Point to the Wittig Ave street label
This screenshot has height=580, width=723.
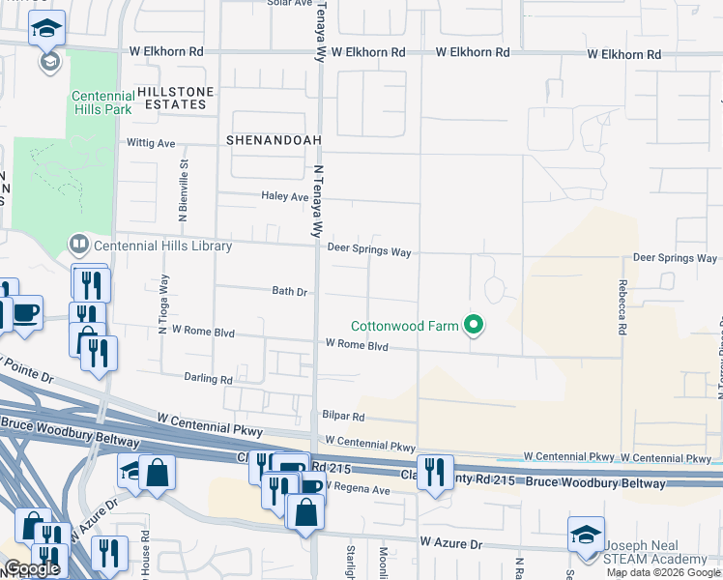[152, 143]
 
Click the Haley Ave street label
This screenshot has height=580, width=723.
[284, 196]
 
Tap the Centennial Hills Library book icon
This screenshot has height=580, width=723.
[78, 246]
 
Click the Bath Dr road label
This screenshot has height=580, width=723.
[289, 291]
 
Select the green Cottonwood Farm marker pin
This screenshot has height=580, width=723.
[474, 326]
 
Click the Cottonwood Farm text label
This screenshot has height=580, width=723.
[404, 327]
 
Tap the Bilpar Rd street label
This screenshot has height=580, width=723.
[344, 417]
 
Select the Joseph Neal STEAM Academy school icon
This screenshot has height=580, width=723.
[586, 536]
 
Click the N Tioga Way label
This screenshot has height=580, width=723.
[163, 299]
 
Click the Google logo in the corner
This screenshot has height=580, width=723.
[32, 569]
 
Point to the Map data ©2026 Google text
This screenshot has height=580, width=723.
[662, 572]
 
